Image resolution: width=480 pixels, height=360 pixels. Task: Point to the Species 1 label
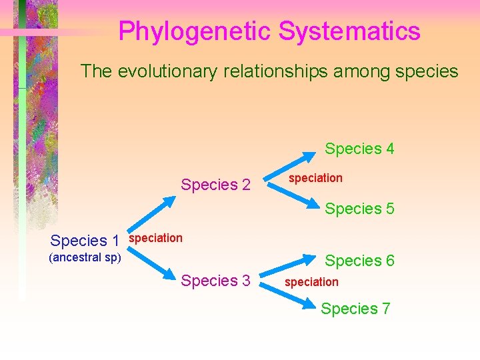[85, 241]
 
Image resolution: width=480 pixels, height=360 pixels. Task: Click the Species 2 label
[215, 185]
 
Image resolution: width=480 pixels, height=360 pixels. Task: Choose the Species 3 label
[215, 281]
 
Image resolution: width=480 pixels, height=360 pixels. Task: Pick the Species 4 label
[359, 149]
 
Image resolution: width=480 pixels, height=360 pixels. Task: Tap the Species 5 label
[359, 209]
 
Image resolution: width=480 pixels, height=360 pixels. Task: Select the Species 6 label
[359, 261]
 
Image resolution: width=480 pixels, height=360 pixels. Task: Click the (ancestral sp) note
[85, 257]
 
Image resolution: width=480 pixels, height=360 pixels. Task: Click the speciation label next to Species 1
[155, 238]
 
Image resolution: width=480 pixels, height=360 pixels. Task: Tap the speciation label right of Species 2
[315, 178]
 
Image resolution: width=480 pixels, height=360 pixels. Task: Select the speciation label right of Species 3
[311, 282]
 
